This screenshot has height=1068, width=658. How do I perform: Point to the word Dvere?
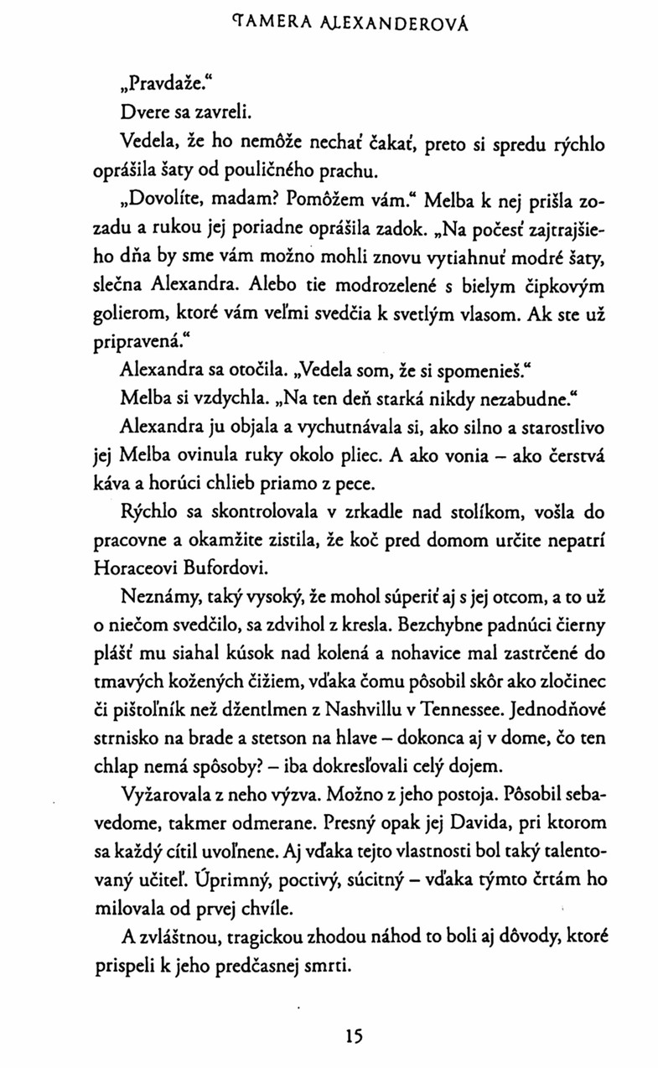[143, 109]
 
